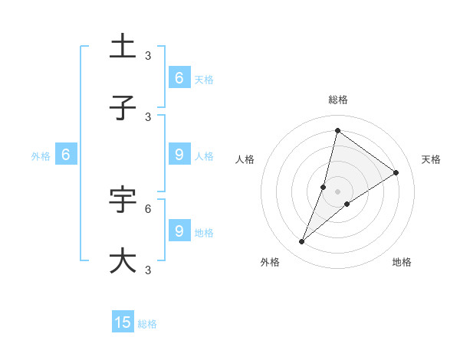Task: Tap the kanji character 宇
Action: tap(123, 199)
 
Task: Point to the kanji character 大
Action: tap(123, 260)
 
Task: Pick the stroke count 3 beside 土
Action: tap(148, 55)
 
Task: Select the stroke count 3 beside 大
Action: tap(148, 270)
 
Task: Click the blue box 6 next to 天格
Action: tap(179, 77)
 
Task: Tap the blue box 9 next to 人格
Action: tap(179, 154)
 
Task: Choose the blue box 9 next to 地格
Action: tap(179, 231)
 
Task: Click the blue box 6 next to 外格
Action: tap(66, 154)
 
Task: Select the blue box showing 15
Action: tap(123, 322)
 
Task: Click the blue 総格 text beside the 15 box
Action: tap(147, 324)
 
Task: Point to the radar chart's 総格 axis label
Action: tap(337, 100)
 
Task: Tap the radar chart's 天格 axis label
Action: tap(431, 159)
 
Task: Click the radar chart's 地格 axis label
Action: tap(402, 262)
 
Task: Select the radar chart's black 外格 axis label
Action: tap(270, 262)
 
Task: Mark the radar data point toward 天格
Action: tap(396, 172)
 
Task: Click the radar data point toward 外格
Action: tap(302, 242)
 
